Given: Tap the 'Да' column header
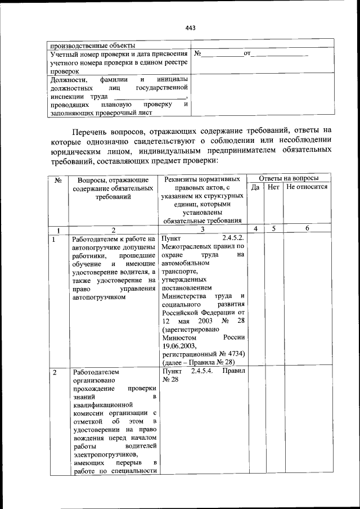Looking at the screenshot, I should pyautogui.click(x=255, y=187).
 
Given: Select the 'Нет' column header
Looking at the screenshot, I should pyautogui.click(x=274, y=187).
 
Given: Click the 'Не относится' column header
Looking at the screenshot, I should pyautogui.click(x=307, y=187).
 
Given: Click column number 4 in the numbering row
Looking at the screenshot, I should pyautogui.click(x=255, y=229).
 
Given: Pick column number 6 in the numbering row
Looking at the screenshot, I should pyautogui.click(x=307, y=229).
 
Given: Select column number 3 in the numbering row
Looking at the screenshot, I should pyautogui.click(x=203, y=229).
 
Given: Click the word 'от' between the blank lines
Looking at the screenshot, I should pyautogui.click(x=246, y=54).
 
